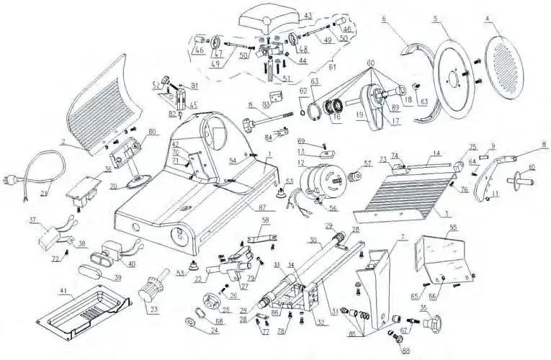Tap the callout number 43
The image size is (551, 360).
click(x=308, y=14)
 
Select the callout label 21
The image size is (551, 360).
click(x=42, y=194)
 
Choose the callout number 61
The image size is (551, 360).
click(x=332, y=66)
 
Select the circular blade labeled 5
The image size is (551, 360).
click(x=454, y=72)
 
